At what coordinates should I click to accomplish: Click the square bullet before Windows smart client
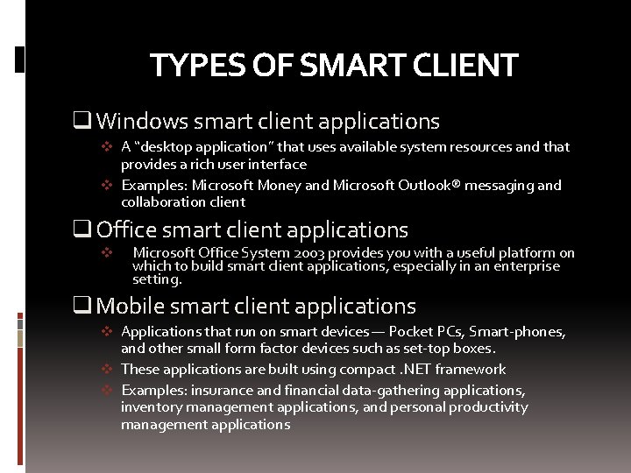tap(85, 121)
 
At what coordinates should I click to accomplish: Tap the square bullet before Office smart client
tap(85, 230)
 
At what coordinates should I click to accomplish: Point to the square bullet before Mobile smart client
tap(85, 306)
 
